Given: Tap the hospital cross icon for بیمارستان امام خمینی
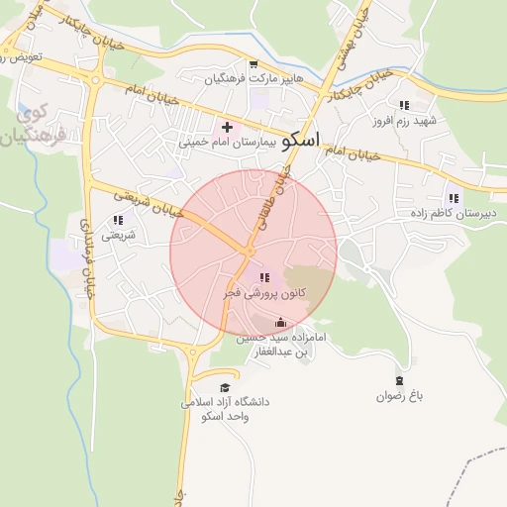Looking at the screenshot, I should (x=227, y=127).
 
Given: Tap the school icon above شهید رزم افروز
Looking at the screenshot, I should (x=404, y=104).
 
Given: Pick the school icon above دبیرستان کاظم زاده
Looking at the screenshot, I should (x=453, y=198).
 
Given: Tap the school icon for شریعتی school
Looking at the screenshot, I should (x=118, y=220).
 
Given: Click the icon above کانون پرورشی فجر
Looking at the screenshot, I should (x=262, y=278).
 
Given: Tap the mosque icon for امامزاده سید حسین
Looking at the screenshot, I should (x=280, y=322).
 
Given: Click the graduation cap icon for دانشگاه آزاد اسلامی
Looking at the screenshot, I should (x=225, y=387).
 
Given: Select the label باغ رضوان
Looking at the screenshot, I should (x=399, y=396).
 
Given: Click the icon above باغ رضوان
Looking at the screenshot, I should (x=399, y=381).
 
